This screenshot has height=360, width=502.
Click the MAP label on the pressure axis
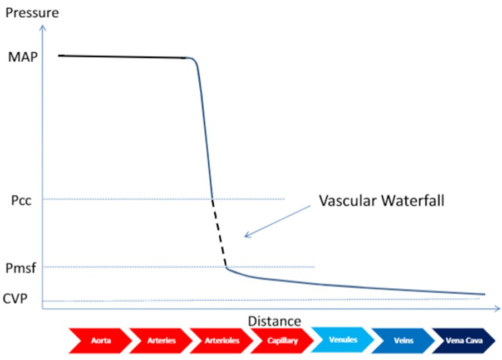pos(23,57)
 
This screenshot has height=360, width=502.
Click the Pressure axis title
pos(31,12)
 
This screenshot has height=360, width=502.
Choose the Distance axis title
pos(274,321)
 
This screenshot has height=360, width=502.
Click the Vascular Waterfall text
pos(381,200)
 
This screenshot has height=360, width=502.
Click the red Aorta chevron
pos(99,341)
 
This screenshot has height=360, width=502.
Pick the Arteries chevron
pos(159,341)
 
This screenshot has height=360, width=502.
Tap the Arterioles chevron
pos(220,341)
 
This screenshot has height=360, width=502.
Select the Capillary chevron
pos(281,341)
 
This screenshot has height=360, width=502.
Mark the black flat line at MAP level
pos(122,57)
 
